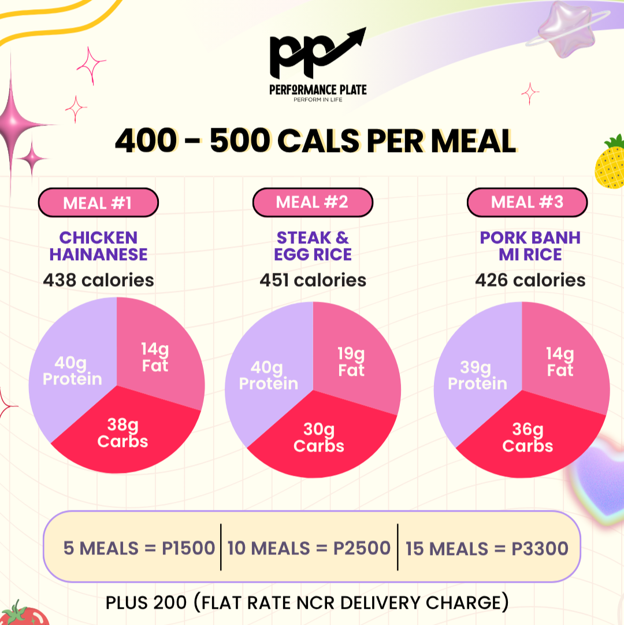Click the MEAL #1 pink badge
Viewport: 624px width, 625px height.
tap(98, 203)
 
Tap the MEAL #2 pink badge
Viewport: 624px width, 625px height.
tap(312, 202)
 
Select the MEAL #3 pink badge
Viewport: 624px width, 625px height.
tap(527, 202)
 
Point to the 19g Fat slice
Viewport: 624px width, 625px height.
tap(352, 358)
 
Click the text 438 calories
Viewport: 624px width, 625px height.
tap(98, 280)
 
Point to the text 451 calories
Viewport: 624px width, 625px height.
tap(313, 280)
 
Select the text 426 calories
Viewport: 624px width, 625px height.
tap(530, 280)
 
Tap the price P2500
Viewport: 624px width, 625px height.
tap(362, 548)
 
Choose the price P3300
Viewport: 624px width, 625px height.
tap(540, 548)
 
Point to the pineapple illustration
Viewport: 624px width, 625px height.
tap(610, 162)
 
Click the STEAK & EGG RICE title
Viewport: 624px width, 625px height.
tap(313, 246)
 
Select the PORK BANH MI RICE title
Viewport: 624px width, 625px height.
tap(530, 246)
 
